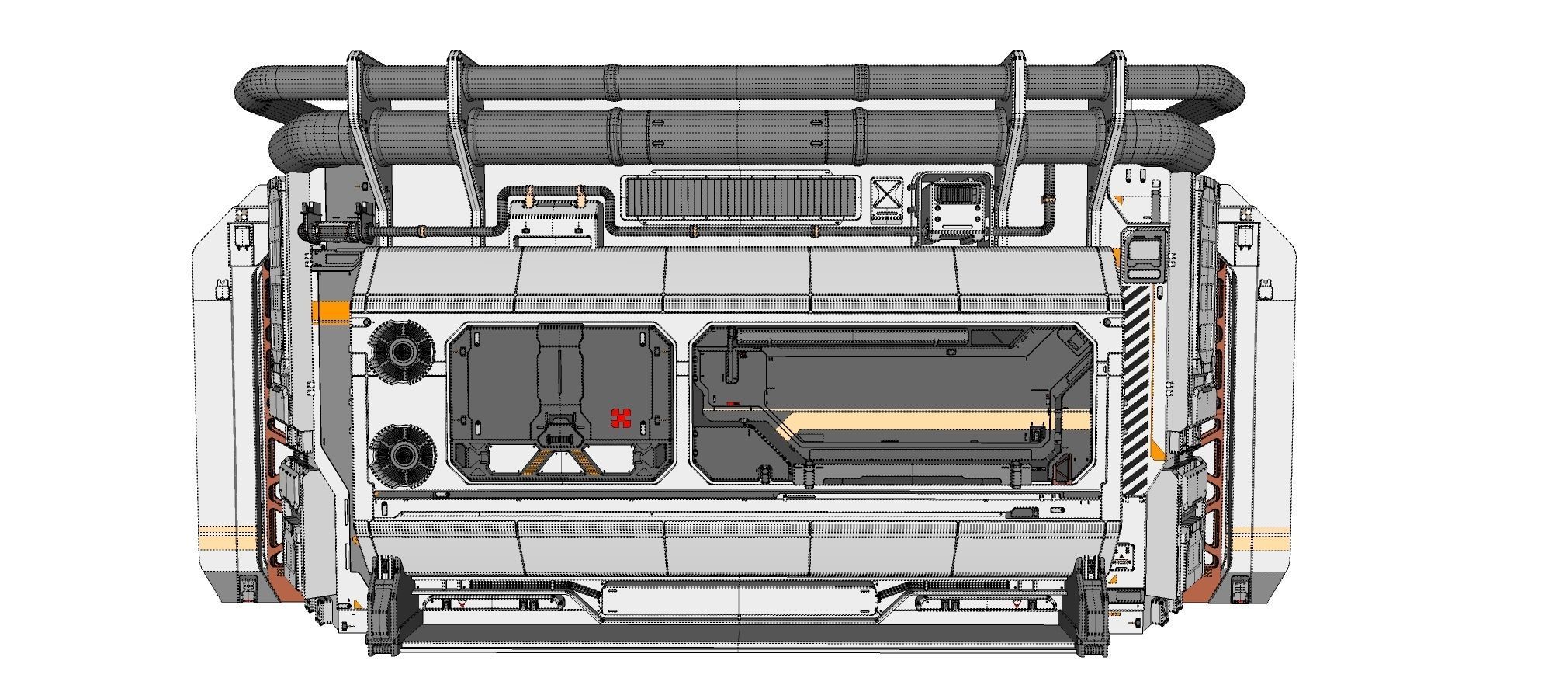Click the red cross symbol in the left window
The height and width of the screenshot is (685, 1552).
[621, 418]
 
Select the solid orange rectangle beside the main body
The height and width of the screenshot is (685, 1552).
[331, 312]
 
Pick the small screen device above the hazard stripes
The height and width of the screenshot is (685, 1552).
[1145, 250]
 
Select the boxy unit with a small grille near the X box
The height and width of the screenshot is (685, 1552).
[952, 206]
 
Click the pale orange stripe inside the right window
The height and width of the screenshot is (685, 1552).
[931, 422]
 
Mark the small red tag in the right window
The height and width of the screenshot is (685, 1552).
[733, 404]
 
